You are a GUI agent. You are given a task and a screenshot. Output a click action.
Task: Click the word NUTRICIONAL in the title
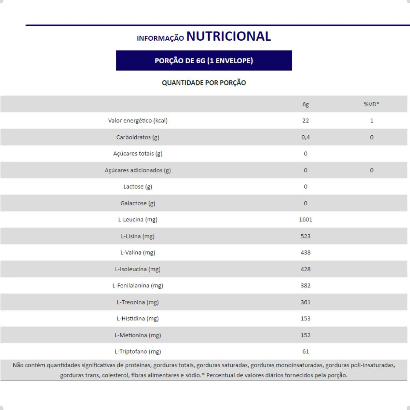228,36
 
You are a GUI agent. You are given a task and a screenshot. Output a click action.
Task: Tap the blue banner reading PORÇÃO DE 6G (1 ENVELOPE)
204,60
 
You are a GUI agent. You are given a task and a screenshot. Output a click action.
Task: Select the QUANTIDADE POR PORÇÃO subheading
204,83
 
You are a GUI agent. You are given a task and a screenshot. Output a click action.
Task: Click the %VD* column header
371,104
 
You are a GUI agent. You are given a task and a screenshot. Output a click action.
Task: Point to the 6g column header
305,104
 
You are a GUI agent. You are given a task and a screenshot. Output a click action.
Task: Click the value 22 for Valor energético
305,121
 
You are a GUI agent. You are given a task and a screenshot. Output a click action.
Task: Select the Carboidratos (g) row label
138,137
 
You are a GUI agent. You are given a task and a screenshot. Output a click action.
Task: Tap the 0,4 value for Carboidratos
305,137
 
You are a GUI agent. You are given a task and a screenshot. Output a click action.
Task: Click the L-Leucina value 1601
305,220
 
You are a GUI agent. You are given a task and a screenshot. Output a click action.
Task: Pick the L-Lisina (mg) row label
138,236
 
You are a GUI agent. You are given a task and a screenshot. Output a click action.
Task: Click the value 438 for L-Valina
305,252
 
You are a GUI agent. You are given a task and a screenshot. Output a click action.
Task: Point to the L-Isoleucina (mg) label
138,269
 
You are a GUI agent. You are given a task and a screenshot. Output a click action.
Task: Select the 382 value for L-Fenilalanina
305,286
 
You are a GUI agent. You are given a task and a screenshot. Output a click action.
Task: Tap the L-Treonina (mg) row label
138,302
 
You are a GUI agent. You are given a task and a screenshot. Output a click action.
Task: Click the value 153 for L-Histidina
305,318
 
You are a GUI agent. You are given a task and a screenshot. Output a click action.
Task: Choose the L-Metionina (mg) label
138,335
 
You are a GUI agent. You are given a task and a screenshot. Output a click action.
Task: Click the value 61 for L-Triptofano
305,352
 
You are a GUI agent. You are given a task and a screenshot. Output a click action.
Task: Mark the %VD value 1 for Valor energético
372,121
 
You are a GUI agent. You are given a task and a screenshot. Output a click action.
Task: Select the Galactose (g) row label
138,203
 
